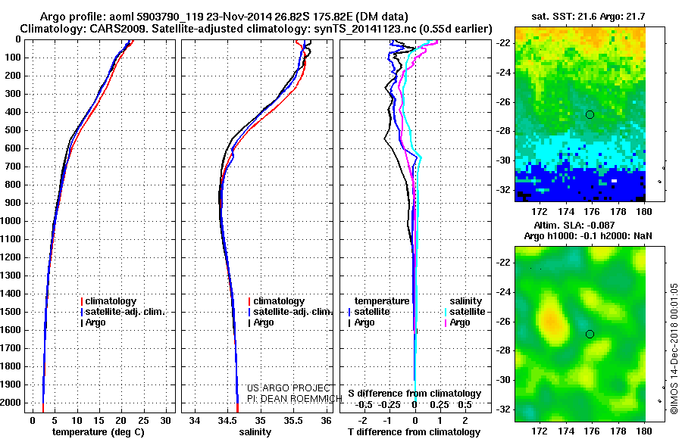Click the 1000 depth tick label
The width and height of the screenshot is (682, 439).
tap(12, 221)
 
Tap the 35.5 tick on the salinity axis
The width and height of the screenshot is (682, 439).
tap(293, 420)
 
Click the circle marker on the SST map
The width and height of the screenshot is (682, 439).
tap(590, 114)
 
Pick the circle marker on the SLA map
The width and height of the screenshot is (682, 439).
tap(590, 334)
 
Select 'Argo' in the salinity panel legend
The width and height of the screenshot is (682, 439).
tap(264, 322)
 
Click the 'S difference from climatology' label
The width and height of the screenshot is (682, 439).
tap(415, 394)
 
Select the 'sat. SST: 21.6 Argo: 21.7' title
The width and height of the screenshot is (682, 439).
tap(580, 15)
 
